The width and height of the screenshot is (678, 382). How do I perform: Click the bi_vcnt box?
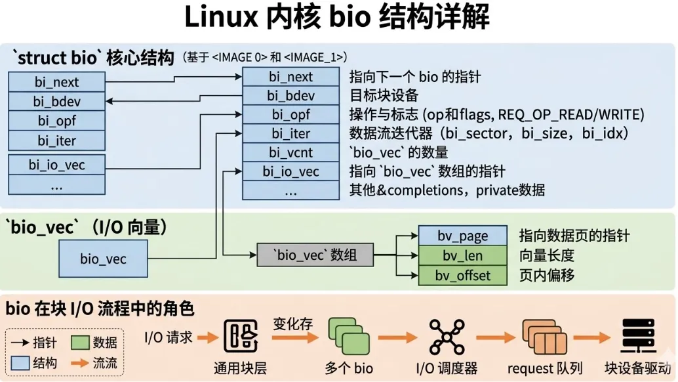[x=290, y=152]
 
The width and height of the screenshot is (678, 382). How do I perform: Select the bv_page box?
[x=463, y=236]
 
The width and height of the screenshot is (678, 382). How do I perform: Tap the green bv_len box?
[x=463, y=255]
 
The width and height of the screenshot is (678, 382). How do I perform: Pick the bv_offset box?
[x=463, y=275]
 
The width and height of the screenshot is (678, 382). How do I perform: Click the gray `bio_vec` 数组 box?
[x=315, y=255]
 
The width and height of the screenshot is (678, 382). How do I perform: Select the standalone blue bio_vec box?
[x=103, y=259]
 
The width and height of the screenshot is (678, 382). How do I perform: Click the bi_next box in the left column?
[x=56, y=82]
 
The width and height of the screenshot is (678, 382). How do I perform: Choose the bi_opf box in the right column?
[x=290, y=114]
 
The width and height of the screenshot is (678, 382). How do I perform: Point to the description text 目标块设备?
[x=384, y=95]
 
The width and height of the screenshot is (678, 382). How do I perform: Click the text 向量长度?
[x=547, y=255]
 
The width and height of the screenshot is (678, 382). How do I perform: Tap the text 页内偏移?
[x=547, y=275]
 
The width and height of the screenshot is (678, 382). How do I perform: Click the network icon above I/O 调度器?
[x=447, y=337]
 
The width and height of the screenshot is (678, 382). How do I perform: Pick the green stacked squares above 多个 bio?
[x=349, y=336]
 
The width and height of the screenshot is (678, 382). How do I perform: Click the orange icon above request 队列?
[x=544, y=337]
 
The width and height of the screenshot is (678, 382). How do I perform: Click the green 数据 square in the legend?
[x=80, y=343]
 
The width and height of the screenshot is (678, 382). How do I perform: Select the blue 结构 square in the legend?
[x=20, y=363]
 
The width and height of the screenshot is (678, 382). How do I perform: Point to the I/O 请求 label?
[x=169, y=337]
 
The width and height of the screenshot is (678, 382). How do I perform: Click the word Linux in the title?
[x=221, y=17]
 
